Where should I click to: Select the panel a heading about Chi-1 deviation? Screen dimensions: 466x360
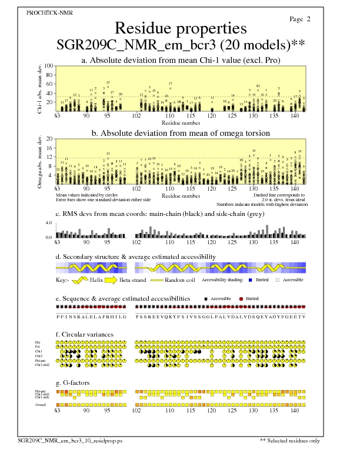click(x=180, y=60)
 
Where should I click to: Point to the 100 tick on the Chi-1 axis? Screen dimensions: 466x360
click(x=49, y=66)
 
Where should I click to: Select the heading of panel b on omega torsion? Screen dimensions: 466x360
click(x=181, y=133)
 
